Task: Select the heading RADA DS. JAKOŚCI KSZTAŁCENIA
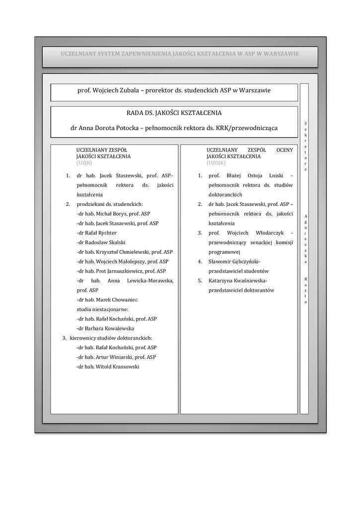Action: coord(174,113)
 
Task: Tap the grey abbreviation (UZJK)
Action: coord(84,162)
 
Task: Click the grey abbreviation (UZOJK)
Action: coord(216,162)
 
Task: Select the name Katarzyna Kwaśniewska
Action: coord(238,281)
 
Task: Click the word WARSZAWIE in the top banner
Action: coord(282,53)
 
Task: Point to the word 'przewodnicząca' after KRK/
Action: coord(253,128)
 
